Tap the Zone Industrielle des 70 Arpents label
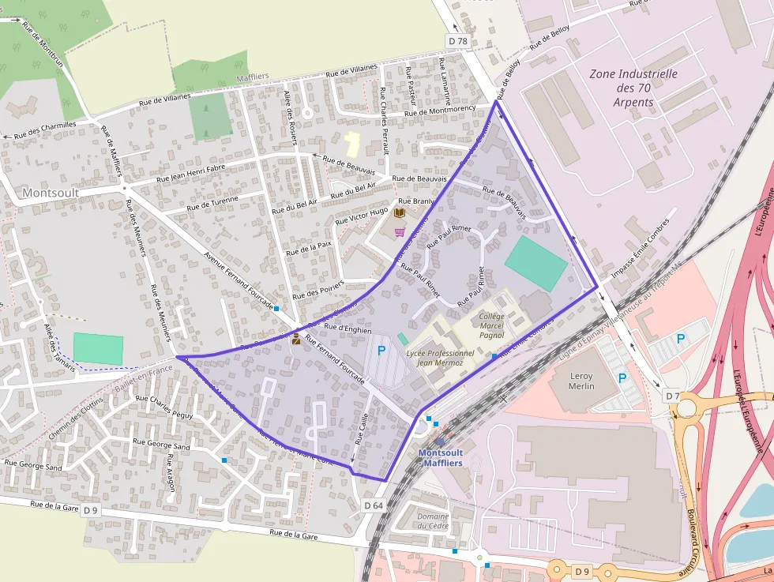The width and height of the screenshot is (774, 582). point(634,88)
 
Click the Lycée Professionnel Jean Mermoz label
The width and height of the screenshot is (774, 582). point(440,358)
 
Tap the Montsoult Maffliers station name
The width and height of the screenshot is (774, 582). point(440,458)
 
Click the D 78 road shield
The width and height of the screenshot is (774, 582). point(457,41)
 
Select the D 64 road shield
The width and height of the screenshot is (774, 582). point(374,505)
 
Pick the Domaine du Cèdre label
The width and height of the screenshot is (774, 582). point(432,521)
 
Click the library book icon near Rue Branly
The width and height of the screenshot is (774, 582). point(400,213)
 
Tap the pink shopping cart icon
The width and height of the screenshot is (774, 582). point(400,232)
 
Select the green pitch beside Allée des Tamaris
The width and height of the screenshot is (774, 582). point(98,349)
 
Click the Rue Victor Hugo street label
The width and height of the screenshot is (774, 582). point(362,216)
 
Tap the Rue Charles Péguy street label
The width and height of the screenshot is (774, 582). point(164,406)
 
